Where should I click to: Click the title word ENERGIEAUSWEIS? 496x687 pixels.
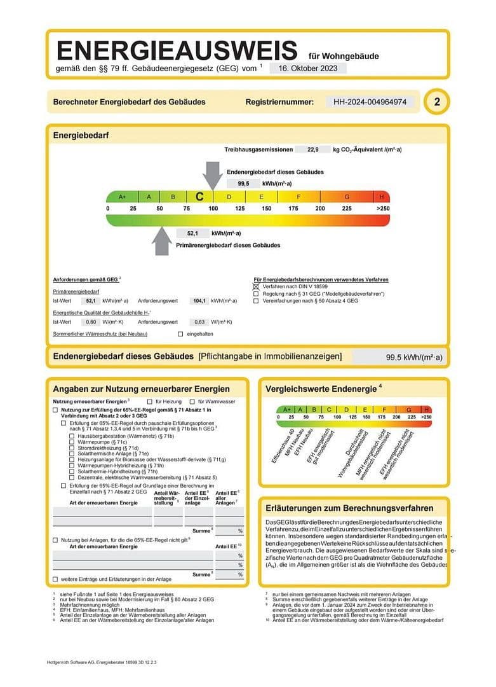tap(177, 50)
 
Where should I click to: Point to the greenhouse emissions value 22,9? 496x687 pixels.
tap(312, 149)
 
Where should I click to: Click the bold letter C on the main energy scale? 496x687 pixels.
tap(199, 197)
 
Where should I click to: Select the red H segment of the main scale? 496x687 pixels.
tap(381, 197)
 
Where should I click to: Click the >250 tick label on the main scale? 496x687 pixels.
tap(382, 209)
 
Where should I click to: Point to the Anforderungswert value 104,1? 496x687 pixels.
tap(200, 300)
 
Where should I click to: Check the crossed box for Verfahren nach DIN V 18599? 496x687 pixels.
tap(256, 287)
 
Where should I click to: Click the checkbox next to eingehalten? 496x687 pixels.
tap(180, 334)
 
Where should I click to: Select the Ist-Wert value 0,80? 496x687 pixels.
tap(91, 323)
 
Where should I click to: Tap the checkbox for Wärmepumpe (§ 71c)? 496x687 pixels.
tap(71, 442)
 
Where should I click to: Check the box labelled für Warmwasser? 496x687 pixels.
tap(192, 401)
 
